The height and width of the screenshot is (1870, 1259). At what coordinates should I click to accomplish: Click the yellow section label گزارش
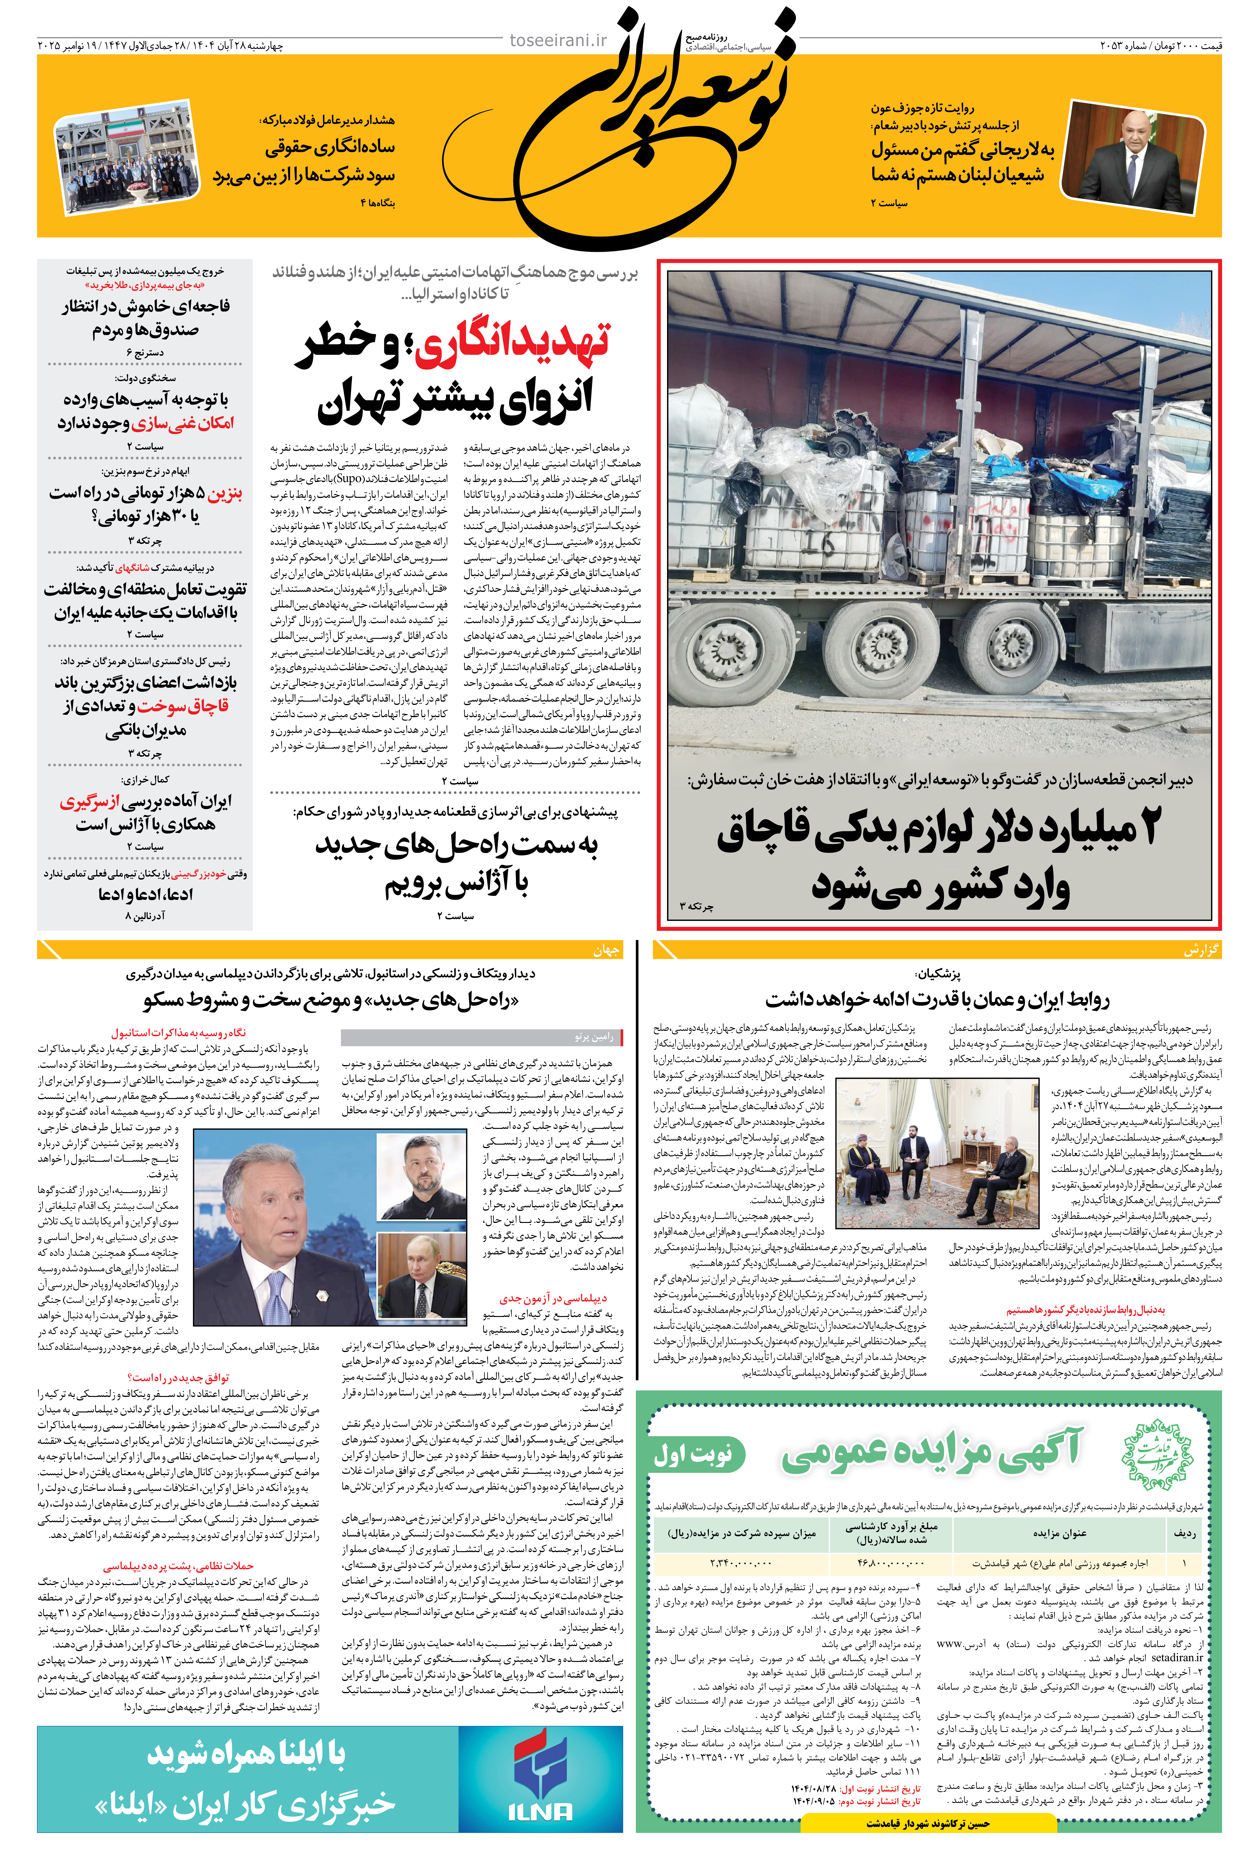[1200, 950]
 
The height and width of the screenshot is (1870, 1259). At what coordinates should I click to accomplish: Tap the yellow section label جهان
[606, 950]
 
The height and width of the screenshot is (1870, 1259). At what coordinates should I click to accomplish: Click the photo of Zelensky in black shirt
[422, 1176]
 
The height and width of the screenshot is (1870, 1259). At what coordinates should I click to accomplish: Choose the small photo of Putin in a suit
[422, 1279]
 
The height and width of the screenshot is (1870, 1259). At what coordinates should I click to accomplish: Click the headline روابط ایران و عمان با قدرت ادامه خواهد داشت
[936, 1000]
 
